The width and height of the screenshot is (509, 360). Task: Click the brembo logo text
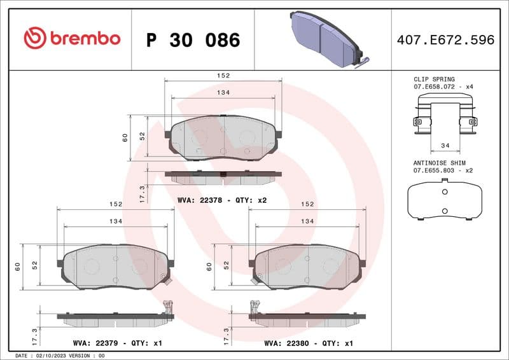pyautogui.click(x=71, y=39)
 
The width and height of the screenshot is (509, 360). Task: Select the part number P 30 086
pyautogui.click(x=193, y=40)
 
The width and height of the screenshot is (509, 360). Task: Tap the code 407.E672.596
pyautogui.click(x=445, y=40)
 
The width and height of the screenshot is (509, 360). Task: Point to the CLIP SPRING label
pyautogui.click(x=435, y=80)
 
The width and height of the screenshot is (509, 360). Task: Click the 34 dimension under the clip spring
pyautogui.click(x=445, y=146)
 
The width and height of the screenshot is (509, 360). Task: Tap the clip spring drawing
pyautogui.click(x=445, y=114)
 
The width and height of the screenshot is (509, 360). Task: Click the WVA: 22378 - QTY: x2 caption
pyautogui.click(x=221, y=200)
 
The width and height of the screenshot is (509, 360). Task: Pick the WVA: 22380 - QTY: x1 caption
pyautogui.click(x=309, y=343)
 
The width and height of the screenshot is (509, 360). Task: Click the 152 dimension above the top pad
pyautogui.click(x=223, y=76)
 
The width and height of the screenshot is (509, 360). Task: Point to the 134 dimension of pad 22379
pyautogui.click(x=115, y=221)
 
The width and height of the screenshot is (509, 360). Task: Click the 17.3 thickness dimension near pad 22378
pyautogui.click(x=143, y=193)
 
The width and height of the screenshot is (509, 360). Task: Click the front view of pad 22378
pyautogui.click(x=223, y=137)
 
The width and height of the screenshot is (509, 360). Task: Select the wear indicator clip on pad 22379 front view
pyautogui.click(x=166, y=277)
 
